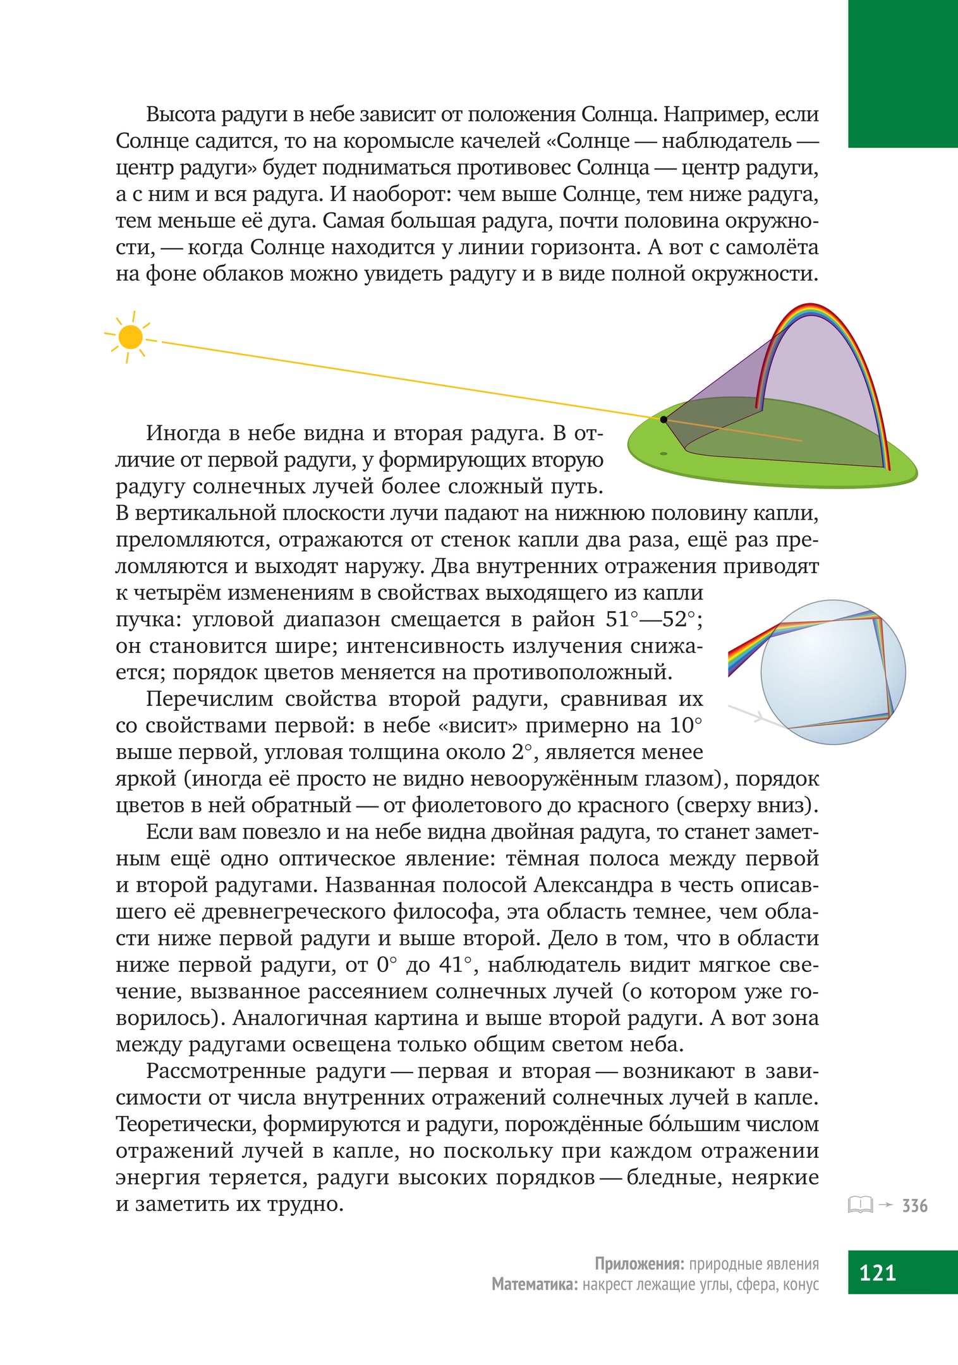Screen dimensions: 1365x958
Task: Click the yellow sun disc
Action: [130, 337]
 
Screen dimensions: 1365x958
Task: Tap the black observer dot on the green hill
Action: [664, 419]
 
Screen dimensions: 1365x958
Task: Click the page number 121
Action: [878, 1272]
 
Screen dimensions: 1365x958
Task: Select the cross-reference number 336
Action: [914, 1206]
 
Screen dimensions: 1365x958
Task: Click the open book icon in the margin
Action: [859, 1204]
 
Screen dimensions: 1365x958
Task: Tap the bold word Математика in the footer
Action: [535, 1284]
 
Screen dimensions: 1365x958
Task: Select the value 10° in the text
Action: [686, 725]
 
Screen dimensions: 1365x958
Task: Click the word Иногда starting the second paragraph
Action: [184, 434]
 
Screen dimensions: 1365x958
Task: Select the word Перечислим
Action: [209, 699]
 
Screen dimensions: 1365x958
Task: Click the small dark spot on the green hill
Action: [664, 453]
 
